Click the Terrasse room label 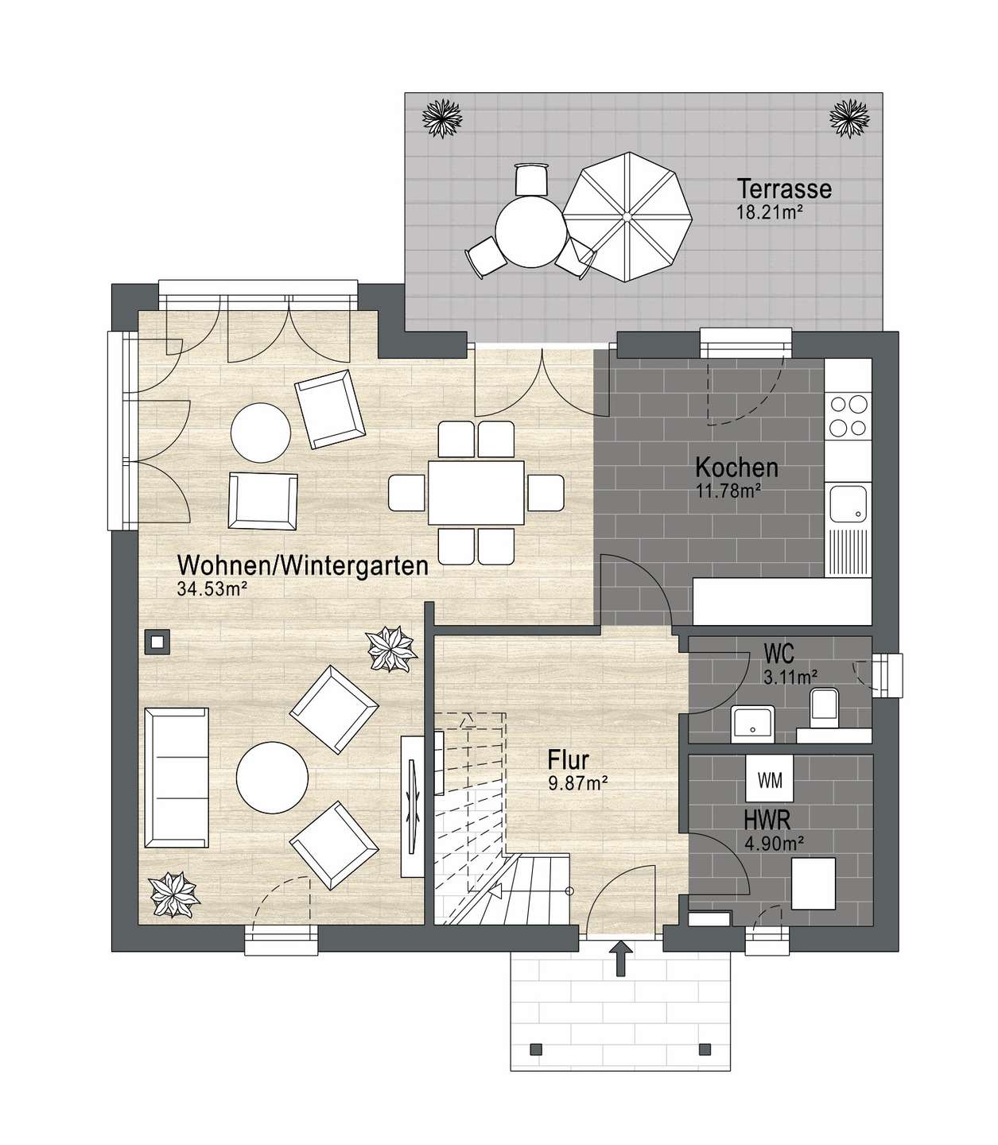[783, 189]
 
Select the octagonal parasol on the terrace [627, 217]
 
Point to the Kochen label [736, 468]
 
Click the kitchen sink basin [848, 503]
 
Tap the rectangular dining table [476, 492]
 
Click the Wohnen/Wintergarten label [303, 566]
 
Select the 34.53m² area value [212, 589]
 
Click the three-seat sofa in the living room [177, 778]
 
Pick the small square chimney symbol [157, 642]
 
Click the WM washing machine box [770, 779]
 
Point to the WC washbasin [753, 724]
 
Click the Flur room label [568, 760]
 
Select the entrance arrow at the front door [620, 958]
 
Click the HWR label [767, 821]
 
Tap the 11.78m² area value [728, 491]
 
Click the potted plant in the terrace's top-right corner [849, 118]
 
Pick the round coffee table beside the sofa [272, 777]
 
